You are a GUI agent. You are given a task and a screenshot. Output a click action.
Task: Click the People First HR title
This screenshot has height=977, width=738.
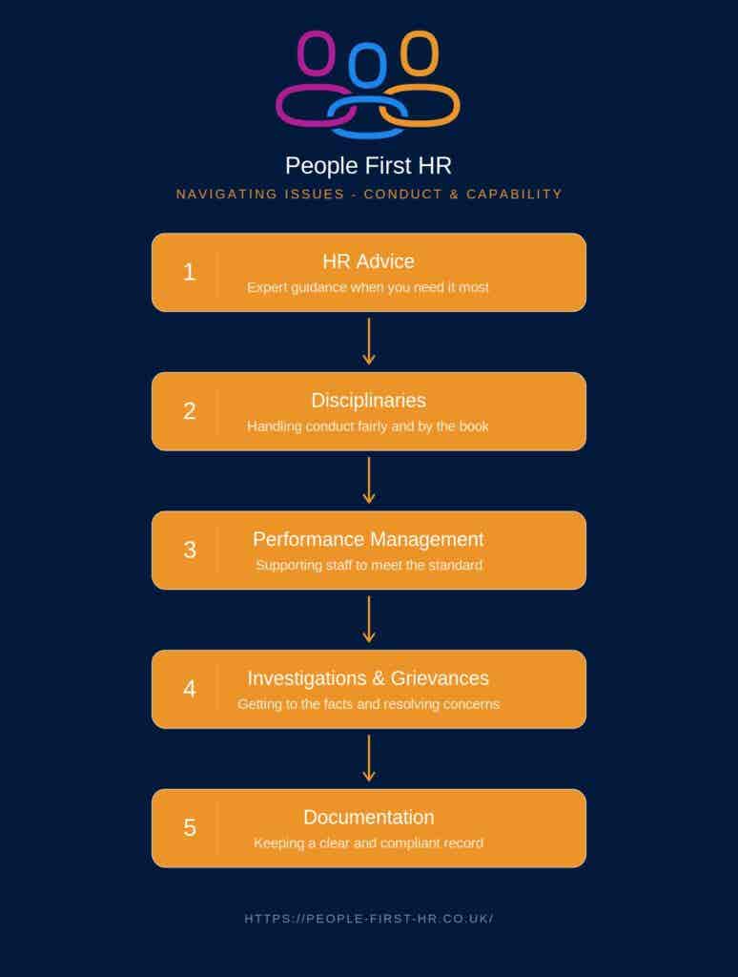[x=368, y=166]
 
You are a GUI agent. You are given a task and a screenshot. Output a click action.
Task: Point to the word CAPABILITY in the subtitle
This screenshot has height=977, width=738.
[x=515, y=195]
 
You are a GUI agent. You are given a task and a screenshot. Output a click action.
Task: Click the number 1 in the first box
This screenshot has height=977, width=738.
[x=190, y=272]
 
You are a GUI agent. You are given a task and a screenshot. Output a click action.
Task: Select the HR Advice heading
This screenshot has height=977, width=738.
[x=368, y=261]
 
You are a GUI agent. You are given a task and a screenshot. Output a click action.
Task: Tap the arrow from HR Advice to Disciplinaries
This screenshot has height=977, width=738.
[x=369, y=342]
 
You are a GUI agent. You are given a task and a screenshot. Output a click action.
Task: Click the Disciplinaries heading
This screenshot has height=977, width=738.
[x=368, y=400]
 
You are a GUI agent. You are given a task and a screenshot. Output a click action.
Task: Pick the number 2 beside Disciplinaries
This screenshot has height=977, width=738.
[x=190, y=411]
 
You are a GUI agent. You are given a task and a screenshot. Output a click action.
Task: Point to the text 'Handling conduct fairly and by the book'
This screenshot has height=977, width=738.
[x=367, y=426]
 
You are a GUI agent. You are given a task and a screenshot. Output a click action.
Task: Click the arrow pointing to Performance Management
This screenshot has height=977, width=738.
[x=369, y=481]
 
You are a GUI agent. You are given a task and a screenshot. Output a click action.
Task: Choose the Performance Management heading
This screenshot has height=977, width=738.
[x=368, y=539]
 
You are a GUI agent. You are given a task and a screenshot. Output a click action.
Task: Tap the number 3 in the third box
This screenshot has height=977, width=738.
[x=190, y=551]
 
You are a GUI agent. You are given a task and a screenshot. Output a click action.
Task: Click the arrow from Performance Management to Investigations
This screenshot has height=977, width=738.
[x=369, y=619]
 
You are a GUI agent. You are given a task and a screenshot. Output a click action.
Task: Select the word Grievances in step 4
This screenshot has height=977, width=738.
[x=440, y=678]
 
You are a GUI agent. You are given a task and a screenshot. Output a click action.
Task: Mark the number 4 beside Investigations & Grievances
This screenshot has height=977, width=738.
[x=190, y=689]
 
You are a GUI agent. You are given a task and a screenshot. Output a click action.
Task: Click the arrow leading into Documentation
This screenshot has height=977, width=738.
[x=369, y=759]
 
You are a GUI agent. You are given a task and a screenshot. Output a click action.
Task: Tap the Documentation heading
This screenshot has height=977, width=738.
[x=369, y=817]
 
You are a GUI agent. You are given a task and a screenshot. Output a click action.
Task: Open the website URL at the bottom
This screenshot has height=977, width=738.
[x=369, y=919]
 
